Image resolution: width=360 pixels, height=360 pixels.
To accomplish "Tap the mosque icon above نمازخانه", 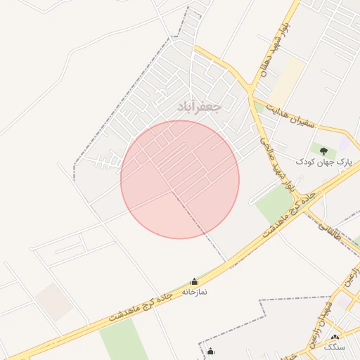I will (194, 281).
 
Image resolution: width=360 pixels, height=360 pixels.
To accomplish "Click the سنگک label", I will (335, 348).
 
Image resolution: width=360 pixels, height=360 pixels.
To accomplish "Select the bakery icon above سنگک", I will (335, 338).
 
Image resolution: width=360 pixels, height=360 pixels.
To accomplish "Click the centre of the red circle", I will (180, 179).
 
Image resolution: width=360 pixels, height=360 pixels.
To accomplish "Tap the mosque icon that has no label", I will (210, 352).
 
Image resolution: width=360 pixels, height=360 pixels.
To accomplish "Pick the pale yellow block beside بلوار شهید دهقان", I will (287, 82).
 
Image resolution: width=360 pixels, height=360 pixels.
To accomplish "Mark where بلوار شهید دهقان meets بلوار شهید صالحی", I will (251, 91).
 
